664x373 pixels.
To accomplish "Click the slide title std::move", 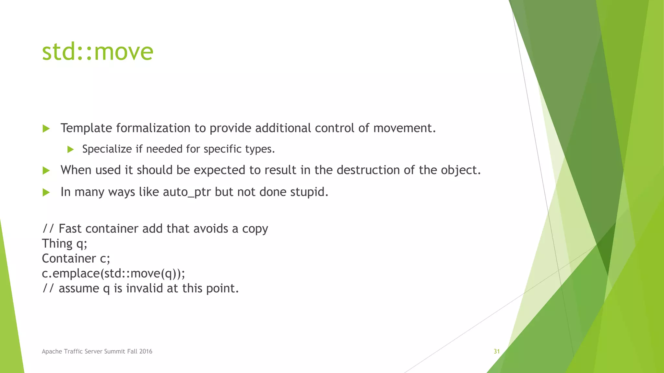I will tap(97, 52).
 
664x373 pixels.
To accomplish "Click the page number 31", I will tap(496, 351).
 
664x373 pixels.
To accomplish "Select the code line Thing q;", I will tap(65, 244).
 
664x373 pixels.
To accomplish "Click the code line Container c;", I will tap(76, 259).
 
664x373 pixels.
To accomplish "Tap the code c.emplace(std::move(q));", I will tap(113, 274).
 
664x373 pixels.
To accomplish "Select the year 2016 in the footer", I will tap(146, 351).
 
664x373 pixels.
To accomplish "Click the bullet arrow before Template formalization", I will tap(46, 129).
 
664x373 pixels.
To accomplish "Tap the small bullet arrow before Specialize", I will tap(70, 150).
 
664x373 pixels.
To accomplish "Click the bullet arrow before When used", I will tap(46, 171).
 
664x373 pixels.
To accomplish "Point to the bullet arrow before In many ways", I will tap(46, 193).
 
